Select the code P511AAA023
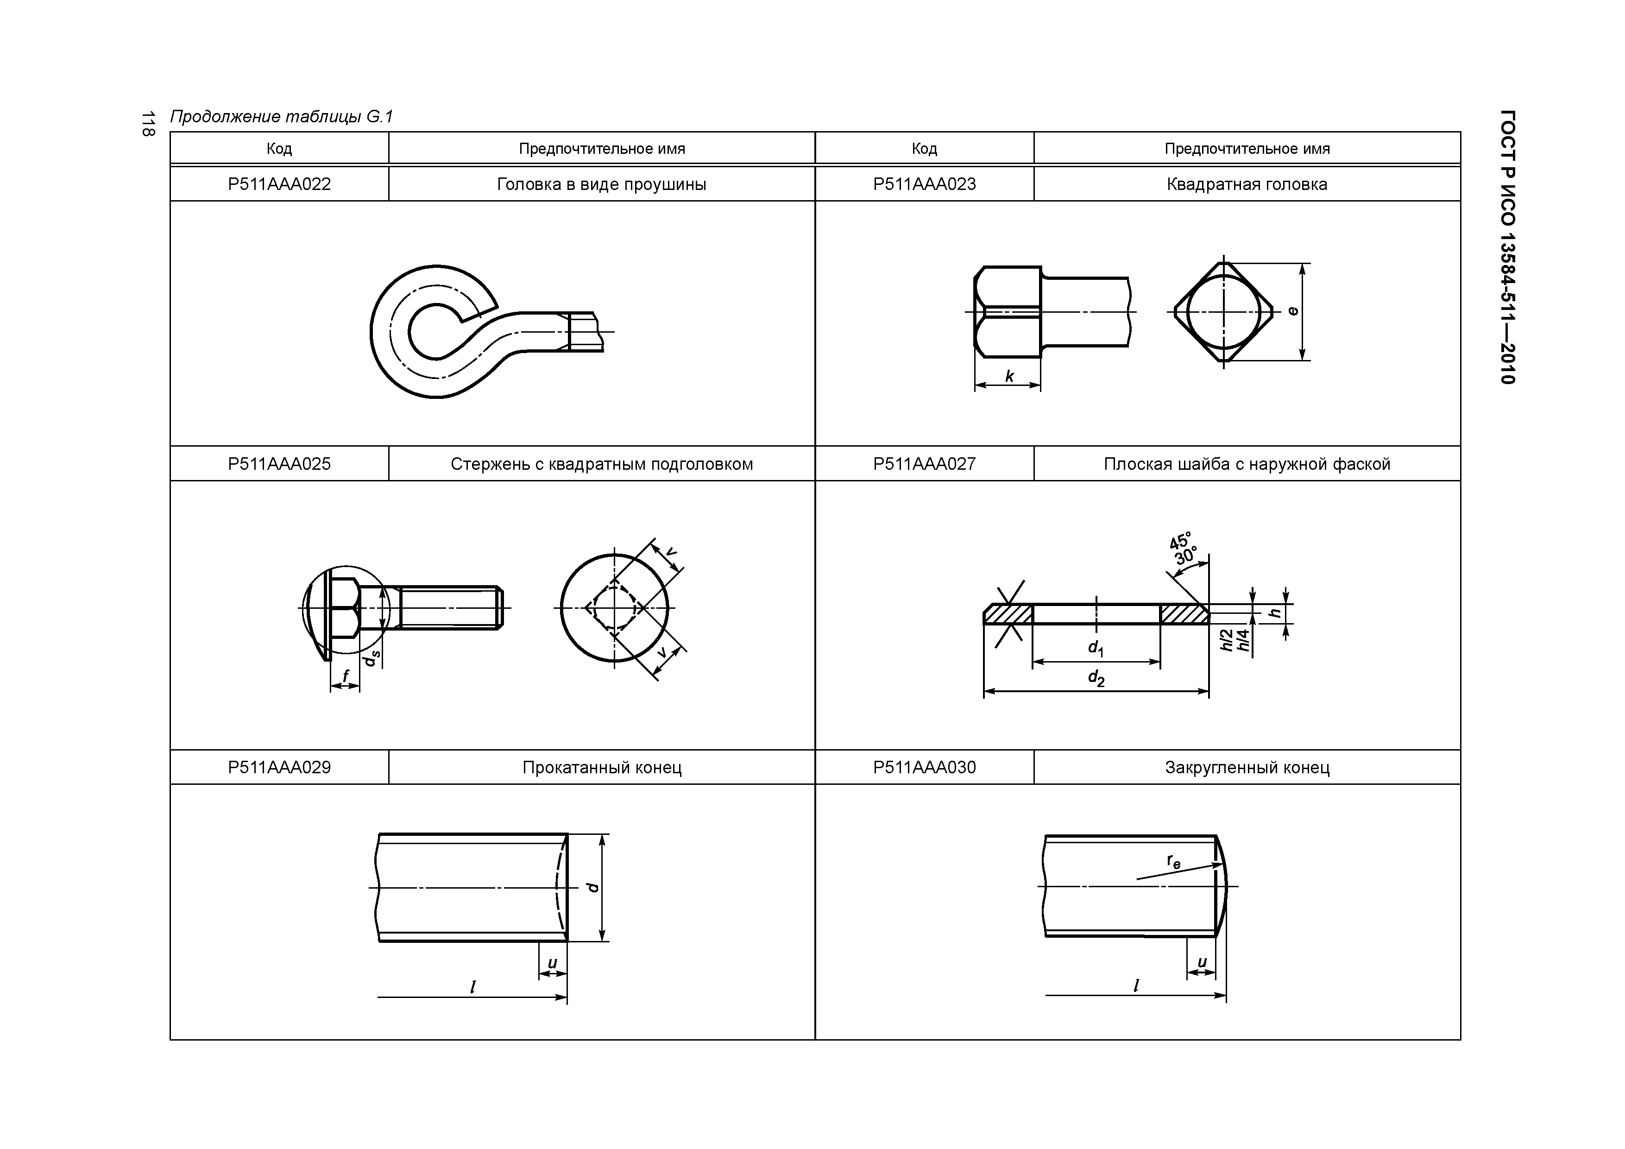(924, 184)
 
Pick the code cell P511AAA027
(924, 464)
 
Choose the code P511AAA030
(924, 767)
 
